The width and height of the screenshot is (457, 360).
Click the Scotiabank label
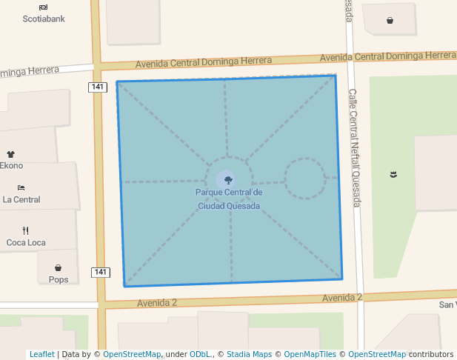click(44, 19)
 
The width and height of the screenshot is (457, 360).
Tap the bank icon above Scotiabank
click(44, 7)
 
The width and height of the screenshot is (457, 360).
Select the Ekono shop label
click(12, 166)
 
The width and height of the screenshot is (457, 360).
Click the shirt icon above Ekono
click(11, 154)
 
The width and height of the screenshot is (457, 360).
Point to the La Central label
click(21, 199)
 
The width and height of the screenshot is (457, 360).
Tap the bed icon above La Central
click(21, 187)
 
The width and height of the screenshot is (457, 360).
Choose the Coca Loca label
click(26, 242)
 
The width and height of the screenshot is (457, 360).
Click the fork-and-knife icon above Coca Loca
click(25, 230)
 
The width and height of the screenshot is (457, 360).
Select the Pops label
click(59, 279)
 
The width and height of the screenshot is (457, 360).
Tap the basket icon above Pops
click(59, 267)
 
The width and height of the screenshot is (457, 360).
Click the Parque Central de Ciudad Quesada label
click(229, 199)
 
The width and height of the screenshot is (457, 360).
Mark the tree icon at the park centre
click(228, 179)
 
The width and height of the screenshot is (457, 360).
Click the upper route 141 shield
click(99, 87)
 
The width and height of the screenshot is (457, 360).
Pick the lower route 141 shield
click(101, 272)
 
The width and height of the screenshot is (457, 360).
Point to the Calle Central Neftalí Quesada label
click(353, 148)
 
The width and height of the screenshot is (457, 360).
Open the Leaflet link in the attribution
click(42, 354)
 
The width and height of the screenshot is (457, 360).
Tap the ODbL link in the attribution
click(200, 354)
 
